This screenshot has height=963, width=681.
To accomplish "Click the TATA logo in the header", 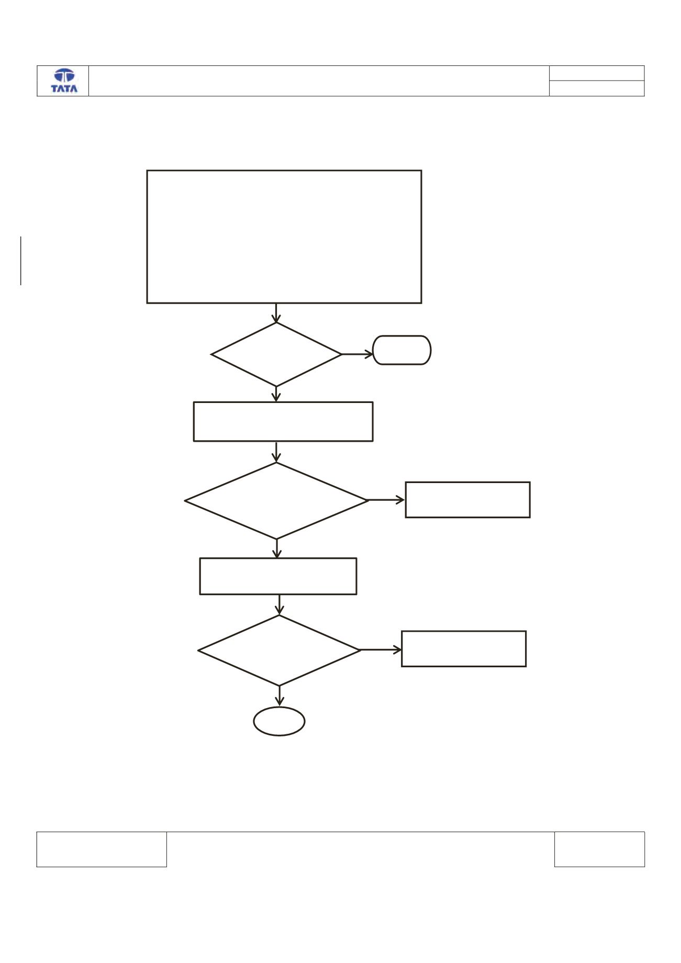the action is (x=64, y=81).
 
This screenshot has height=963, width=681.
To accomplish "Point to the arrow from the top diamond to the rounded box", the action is (x=357, y=354).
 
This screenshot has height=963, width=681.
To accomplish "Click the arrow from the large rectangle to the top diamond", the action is (x=276, y=313).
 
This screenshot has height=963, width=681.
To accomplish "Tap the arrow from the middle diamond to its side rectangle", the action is (x=387, y=500).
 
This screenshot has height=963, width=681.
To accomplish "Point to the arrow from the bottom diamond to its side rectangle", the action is (x=381, y=650).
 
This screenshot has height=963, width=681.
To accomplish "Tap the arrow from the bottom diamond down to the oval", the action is (x=280, y=696).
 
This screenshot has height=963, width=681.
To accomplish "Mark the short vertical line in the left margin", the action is (x=21, y=261).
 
